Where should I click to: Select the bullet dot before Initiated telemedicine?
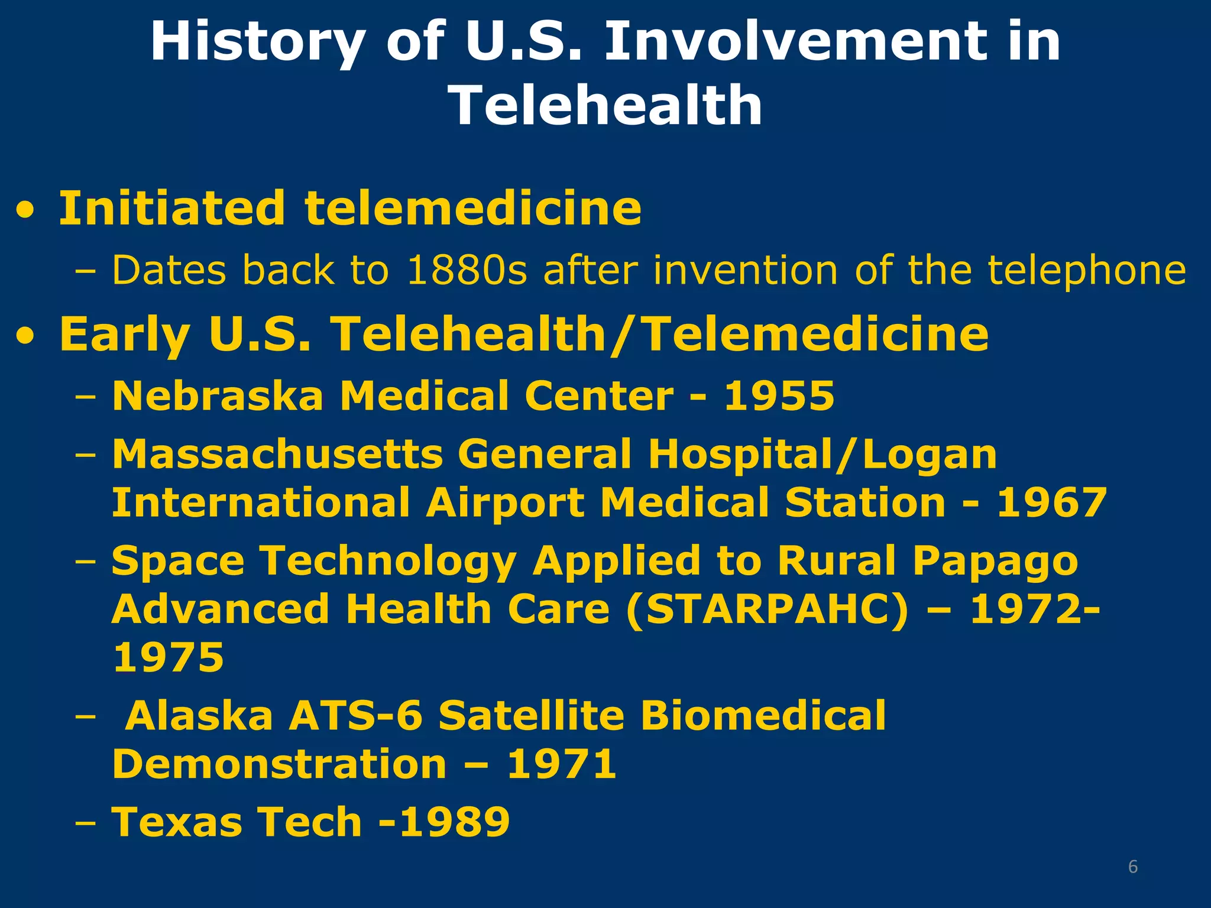click(x=25, y=210)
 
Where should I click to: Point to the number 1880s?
click(x=467, y=270)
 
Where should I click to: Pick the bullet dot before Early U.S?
click(x=25, y=336)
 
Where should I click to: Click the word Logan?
click(x=930, y=455)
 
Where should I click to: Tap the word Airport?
click(x=505, y=504)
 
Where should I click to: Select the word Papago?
click(x=995, y=562)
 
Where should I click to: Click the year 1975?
click(x=168, y=657)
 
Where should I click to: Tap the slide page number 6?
click(x=1132, y=867)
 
